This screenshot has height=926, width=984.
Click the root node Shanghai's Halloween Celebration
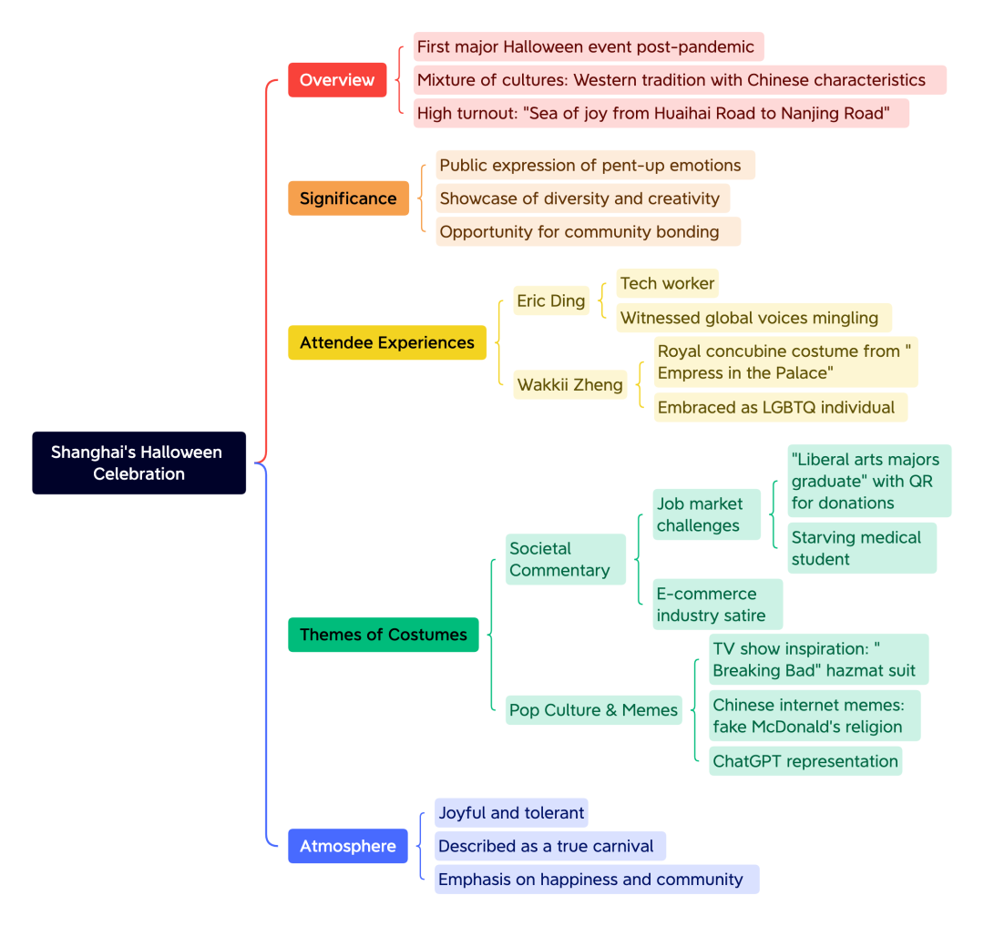click(138, 463)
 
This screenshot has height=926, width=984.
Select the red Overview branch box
click(337, 79)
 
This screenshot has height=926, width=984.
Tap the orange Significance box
click(348, 198)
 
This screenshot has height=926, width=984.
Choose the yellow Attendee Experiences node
click(386, 342)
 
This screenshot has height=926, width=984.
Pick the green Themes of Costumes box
click(383, 635)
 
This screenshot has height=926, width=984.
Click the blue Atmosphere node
click(348, 846)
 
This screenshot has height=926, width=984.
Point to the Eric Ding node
click(551, 301)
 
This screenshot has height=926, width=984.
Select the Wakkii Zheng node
click(569, 384)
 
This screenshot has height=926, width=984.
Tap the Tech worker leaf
click(667, 283)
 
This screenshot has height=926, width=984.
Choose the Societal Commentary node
click(566, 559)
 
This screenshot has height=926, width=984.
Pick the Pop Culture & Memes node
click(594, 709)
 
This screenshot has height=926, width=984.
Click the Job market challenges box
click(707, 514)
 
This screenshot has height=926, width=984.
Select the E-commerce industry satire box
click(717, 605)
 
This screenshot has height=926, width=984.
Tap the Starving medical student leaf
click(862, 548)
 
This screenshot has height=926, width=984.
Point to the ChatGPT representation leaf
click(805, 761)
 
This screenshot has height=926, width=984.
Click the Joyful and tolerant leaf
click(511, 812)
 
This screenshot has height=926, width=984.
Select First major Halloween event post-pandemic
click(589, 46)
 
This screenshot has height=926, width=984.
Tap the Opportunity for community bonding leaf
click(588, 231)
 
